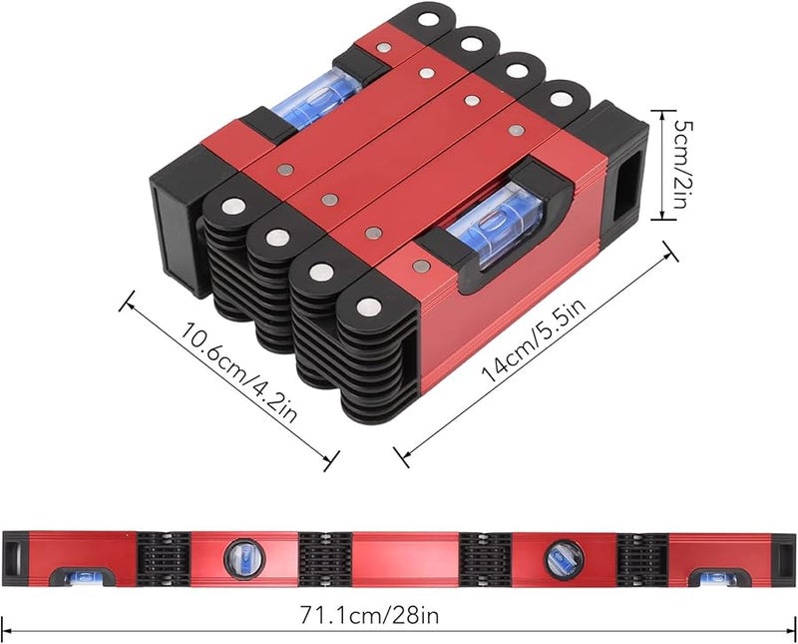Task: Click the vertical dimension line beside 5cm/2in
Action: pyautogui.click(x=666, y=165)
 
